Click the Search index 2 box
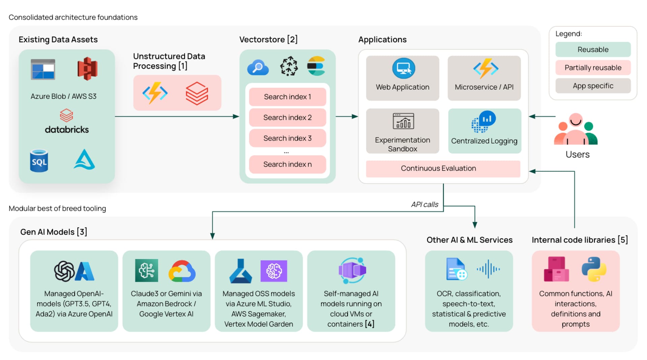(x=287, y=118)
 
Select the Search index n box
(x=287, y=164)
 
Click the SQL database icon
(x=39, y=161)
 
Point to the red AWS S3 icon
(x=87, y=69)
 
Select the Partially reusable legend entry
(x=593, y=68)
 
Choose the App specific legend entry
(x=593, y=86)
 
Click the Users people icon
(x=576, y=130)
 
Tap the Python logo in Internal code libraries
(x=594, y=269)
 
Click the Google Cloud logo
(x=182, y=271)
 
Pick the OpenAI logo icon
(x=64, y=271)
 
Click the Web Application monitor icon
(x=403, y=68)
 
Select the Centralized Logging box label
(x=484, y=141)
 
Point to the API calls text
(x=424, y=204)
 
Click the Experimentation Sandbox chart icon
(x=403, y=121)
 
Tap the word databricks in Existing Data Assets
(x=67, y=130)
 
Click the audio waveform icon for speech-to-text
(x=488, y=269)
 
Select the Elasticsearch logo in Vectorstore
(x=316, y=66)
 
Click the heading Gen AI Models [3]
(x=54, y=232)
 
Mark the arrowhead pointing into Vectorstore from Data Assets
(x=236, y=117)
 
